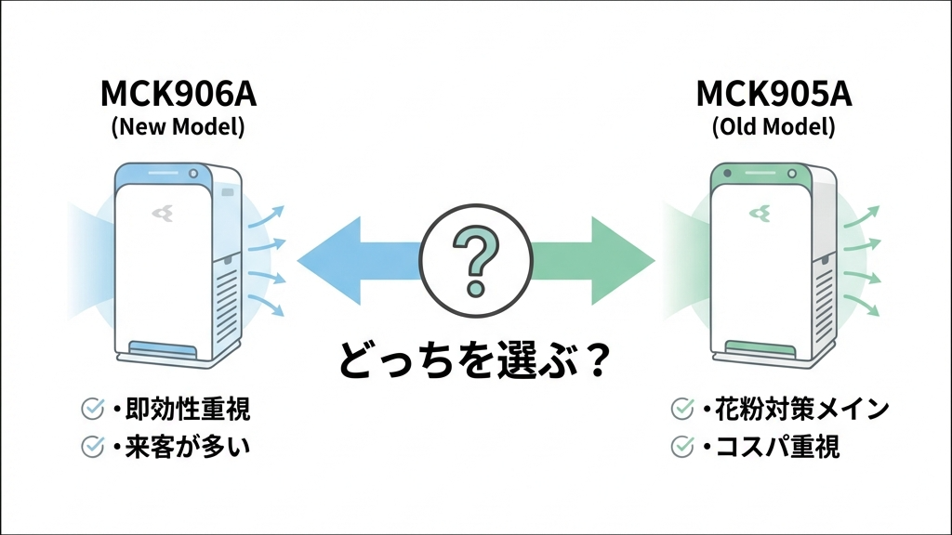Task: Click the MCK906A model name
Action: coord(178,96)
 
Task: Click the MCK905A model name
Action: coord(773,96)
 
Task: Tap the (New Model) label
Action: coord(178,127)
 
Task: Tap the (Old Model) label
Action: coord(773,127)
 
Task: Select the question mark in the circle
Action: coord(475,254)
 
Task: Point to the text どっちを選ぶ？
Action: coord(473,359)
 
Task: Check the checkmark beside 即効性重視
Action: coord(93,409)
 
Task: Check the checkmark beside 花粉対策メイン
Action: coord(682,409)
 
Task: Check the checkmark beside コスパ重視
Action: coord(682,447)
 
